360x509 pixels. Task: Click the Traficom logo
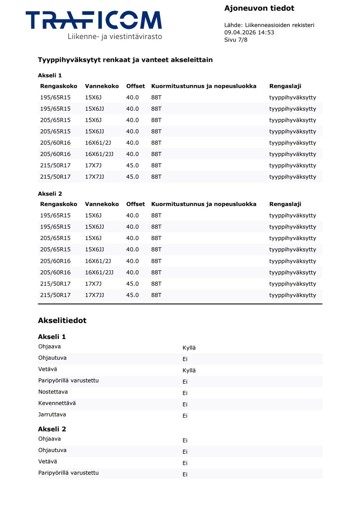pyautogui.click(x=93, y=20)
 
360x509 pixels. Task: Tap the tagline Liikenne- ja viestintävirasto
pyautogui.click(x=115, y=37)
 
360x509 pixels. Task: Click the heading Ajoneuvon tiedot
pyautogui.click(x=259, y=8)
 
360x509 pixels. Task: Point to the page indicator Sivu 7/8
pyautogui.click(x=235, y=40)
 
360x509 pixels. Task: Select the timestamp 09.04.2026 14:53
pyautogui.click(x=249, y=33)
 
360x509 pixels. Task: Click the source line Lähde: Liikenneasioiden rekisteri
pyautogui.click(x=269, y=25)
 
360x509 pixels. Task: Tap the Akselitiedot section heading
pyautogui.click(x=62, y=321)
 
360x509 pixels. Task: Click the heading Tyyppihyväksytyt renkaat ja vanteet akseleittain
pyautogui.click(x=125, y=60)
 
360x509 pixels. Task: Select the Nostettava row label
pyautogui.click(x=53, y=392)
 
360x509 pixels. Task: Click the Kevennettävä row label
pyautogui.click(x=57, y=403)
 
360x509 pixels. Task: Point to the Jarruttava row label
pyautogui.click(x=52, y=414)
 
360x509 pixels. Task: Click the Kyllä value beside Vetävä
pyautogui.click(x=189, y=371)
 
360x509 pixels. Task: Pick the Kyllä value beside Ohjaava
pyautogui.click(x=189, y=348)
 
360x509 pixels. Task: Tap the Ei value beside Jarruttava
pyautogui.click(x=185, y=416)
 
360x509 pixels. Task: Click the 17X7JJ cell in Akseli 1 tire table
pyautogui.click(x=94, y=177)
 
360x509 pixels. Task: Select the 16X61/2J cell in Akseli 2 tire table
pyautogui.click(x=98, y=261)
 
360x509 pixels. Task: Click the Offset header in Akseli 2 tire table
pyautogui.click(x=135, y=204)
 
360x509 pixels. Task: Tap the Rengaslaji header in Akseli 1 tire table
pyautogui.click(x=285, y=86)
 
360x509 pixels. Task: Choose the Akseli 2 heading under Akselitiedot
pyautogui.click(x=52, y=429)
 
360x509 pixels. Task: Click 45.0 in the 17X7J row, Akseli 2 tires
pyautogui.click(x=132, y=284)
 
